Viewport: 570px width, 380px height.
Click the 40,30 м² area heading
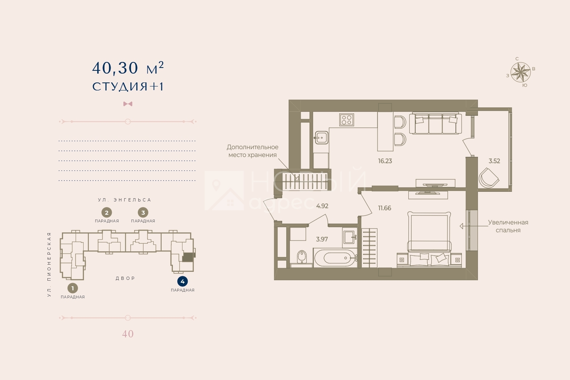[x=128, y=68]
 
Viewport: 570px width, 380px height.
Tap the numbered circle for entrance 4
[x=182, y=281]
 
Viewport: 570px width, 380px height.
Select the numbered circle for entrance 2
[x=107, y=213]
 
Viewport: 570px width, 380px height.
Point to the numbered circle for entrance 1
[x=72, y=288]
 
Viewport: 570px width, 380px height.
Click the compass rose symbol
[x=521, y=72]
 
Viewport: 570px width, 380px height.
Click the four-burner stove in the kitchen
[x=347, y=119]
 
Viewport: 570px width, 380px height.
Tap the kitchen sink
[x=322, y=138]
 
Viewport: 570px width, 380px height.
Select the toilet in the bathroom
[x=302, y=257]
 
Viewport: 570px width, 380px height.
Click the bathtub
[x=336, y=258]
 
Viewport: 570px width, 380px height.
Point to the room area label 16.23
[x=385, y=161]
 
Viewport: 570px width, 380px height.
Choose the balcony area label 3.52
[x=494, y=161]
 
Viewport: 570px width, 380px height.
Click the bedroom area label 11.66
[x=385, y=208]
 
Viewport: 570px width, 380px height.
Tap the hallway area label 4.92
[x=322, y=206]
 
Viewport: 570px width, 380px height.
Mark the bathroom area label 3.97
[x=322, y=239]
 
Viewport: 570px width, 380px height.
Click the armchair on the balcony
[x=489, y=178]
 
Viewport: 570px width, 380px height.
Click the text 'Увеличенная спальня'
[x=508, y=226]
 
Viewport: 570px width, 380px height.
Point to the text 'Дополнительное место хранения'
[x=252, y=151]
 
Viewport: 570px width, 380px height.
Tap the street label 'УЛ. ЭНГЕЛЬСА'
[x=125, y=200]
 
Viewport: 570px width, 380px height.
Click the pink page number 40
[x=128, y=334]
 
